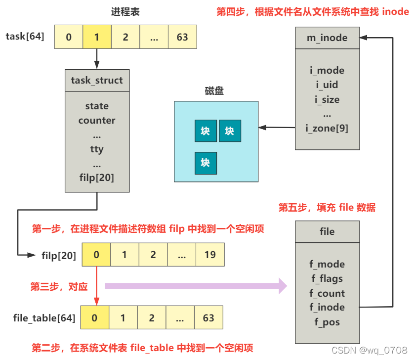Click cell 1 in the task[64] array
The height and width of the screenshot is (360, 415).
pos(97,37)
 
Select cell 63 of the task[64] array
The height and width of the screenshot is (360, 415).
pos(182,37)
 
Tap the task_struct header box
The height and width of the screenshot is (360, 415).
pos(97,80)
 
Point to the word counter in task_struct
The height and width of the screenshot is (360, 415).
pos(97,120)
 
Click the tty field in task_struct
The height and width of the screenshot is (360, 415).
pos(97,149)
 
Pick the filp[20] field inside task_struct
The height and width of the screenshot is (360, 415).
pos(97,177)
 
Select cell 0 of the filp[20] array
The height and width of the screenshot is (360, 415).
pos(96,255)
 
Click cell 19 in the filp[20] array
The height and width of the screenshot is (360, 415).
pos(210,255)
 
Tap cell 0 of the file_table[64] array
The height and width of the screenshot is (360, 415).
pos(95,317)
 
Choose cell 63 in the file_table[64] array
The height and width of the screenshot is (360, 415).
pos(208,317)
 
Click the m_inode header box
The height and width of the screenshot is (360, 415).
pos(327,38)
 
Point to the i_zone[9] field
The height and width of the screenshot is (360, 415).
pos(327,128)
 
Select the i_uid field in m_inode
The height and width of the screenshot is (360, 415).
pos(327,85)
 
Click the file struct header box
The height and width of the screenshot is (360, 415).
pos(327,231)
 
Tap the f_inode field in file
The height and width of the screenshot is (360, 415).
pos(327,307)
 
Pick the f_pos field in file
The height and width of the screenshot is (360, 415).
pos(327,322)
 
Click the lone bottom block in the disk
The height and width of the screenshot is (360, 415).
pos(206,163)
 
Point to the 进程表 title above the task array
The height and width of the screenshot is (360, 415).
pos(125,11)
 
